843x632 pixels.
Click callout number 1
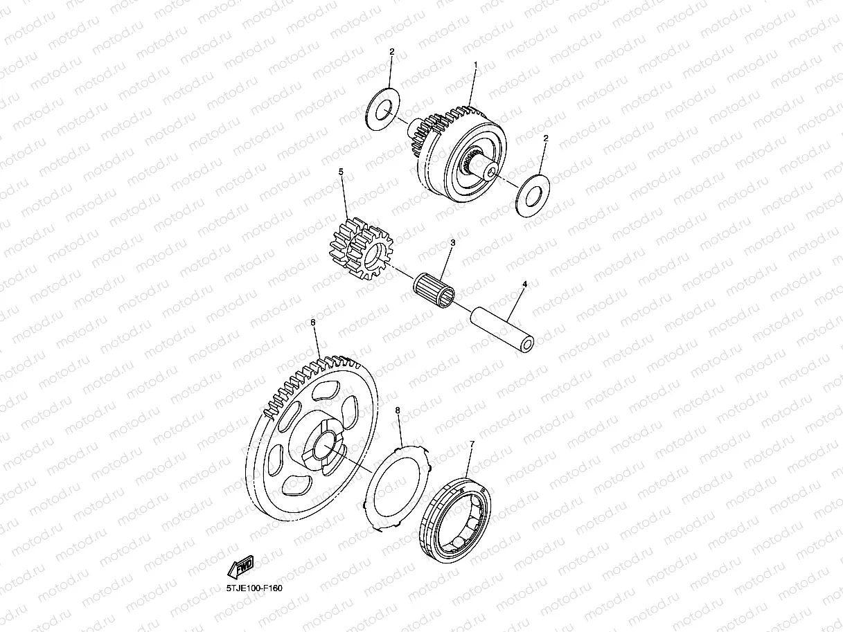pos(475,65)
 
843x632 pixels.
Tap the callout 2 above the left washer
pos(391,52)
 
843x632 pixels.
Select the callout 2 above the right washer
pos(545,138)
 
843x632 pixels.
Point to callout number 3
pos(452,243)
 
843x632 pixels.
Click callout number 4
pos(524,284)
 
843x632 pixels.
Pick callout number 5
pos(341,171)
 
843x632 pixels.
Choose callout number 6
pos(313,323)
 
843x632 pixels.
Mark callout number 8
pos(398,410)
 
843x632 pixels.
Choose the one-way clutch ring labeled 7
pos(456,512)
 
